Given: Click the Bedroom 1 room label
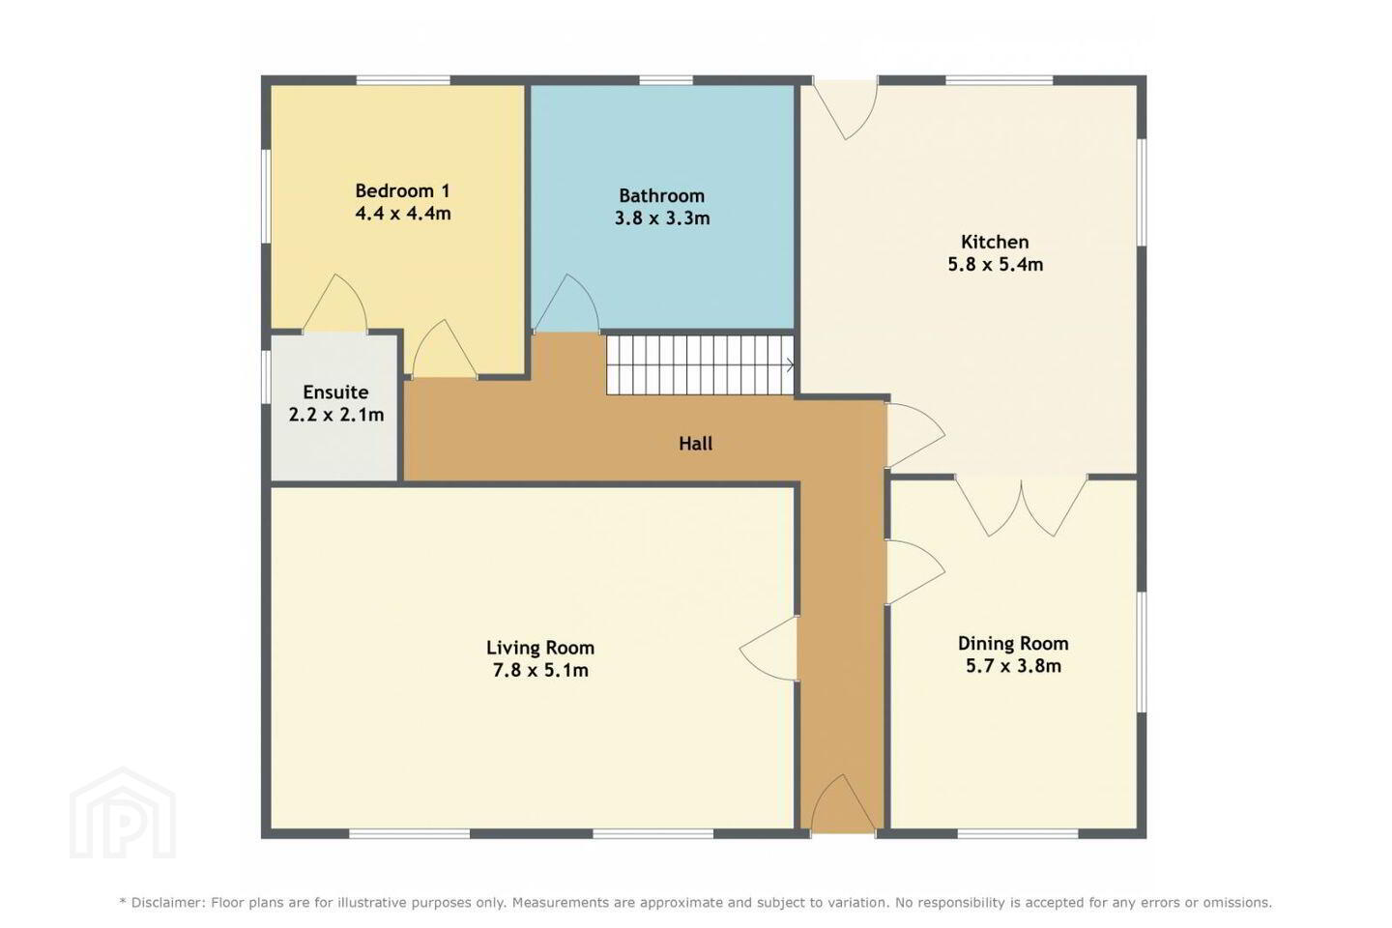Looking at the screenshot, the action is click(402, 190).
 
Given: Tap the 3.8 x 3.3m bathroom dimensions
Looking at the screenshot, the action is click(662, 218).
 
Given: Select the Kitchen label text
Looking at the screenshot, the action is click(995, 242).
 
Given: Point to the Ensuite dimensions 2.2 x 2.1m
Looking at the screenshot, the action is click(336, 415).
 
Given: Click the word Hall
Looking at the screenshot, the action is click(695, 443).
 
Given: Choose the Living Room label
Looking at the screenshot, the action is click(540, 649).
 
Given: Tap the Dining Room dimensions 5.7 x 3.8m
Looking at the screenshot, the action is click(1013, 666).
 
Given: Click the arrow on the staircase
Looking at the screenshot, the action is click(790, 365).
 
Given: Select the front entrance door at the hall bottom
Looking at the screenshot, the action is click(843, 802).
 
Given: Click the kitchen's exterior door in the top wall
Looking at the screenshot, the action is click(845, 110).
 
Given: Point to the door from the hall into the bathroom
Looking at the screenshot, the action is click(566, 304).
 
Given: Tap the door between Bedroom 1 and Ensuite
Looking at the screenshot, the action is click(334, 303).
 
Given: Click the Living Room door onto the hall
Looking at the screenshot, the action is click(768, 649).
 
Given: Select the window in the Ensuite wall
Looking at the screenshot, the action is click(265, 386).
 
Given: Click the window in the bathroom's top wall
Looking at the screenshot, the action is click(665, 80).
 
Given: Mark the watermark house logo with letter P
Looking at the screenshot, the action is click(123, 813).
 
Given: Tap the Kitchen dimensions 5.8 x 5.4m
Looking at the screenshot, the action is click(995, 265).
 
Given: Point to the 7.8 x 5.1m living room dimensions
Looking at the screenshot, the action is click(540, 671).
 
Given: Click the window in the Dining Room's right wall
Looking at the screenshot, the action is click(1142, 652).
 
